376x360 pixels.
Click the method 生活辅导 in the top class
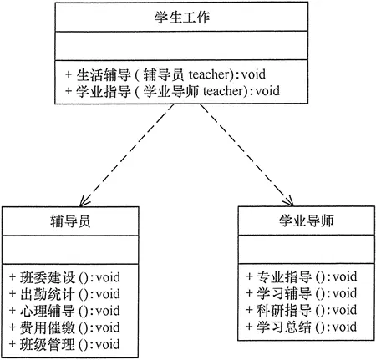click(98, 73)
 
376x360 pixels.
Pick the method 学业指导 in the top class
click(98, 90)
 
